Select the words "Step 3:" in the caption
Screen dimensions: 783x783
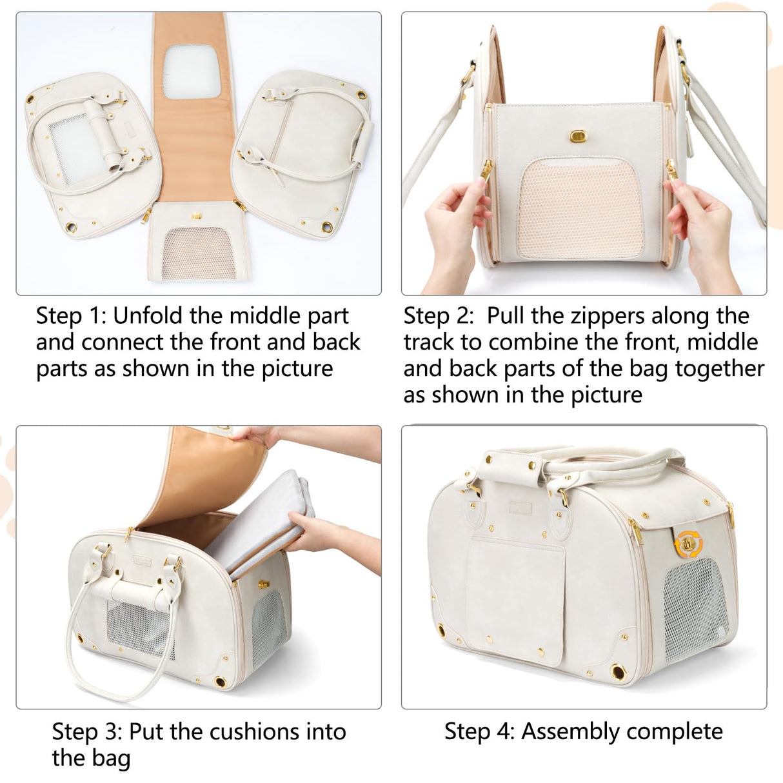(86, 731)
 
